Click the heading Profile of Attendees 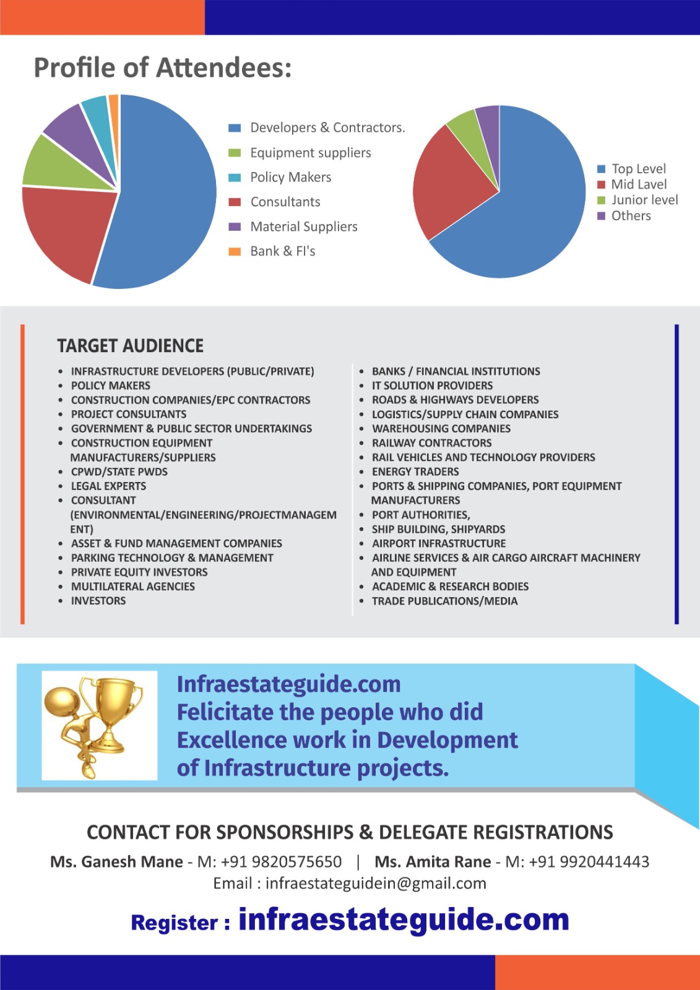(x=162, y=67)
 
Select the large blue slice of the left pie (x=167, y=192)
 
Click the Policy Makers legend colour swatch (x=235, y=178)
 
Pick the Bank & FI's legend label (x=283, y=251)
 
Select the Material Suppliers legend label (x=304, y=226)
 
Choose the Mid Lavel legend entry (x=639, y=184)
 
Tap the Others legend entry (x=631, y=216)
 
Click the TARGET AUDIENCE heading (x=131, y=346)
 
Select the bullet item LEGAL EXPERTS (x=108, y=486)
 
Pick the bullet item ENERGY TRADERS (x=415, y=471)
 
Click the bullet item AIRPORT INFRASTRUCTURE (x=439, y=543)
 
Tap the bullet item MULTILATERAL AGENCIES (x=133, y=587)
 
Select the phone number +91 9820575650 (x=281, y=862)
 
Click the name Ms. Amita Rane (x=433, y=862)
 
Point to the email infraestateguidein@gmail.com (x=376, y=884)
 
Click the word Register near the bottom (x=175, y=923)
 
